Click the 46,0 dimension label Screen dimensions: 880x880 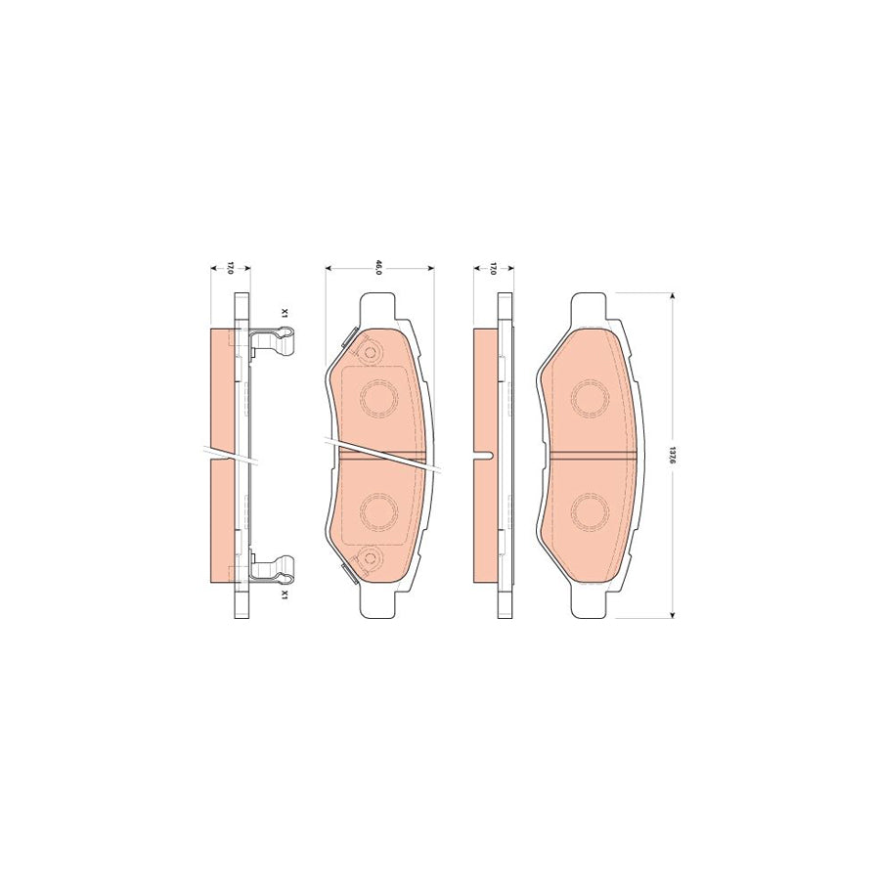(377, 267)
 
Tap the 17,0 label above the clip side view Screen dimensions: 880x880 (230, 267)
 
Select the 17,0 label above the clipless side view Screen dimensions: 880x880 (493, 267)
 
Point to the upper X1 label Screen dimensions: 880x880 (285, 315)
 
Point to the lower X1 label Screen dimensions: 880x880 (285, 594)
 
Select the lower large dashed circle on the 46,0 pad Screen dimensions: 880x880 (378, 511)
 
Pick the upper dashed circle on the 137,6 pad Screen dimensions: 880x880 (591, 398)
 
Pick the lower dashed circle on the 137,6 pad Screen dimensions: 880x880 (591, 511)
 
